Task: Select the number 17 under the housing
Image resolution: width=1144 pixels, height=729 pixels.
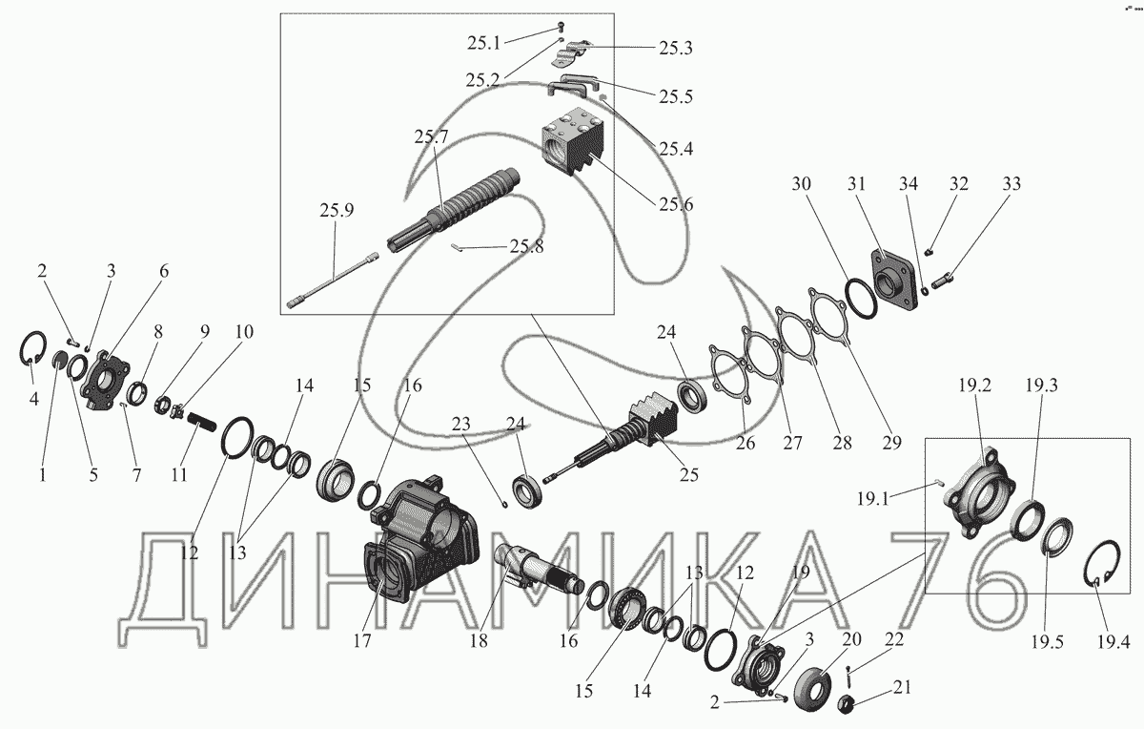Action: coord(361,641)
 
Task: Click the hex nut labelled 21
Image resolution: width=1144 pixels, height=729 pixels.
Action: coord(845,705)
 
